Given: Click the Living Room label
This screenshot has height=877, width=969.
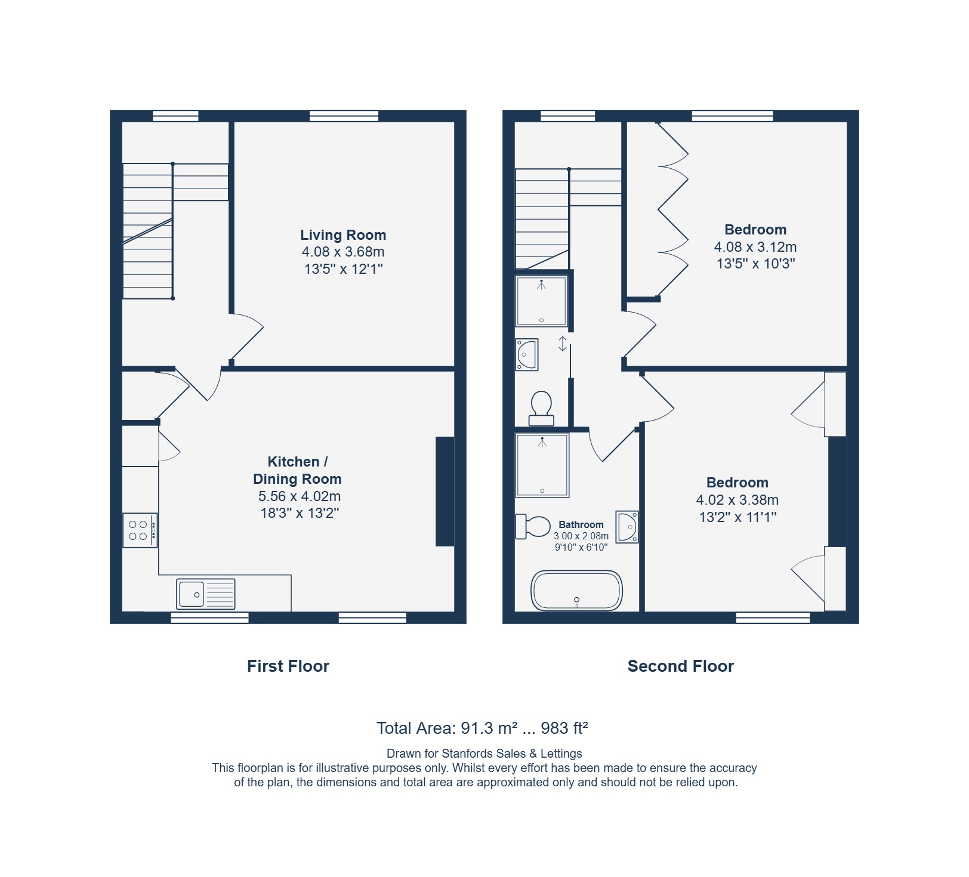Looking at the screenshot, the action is [343, 235].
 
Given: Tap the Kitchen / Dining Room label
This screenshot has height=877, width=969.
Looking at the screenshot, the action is [297, 470].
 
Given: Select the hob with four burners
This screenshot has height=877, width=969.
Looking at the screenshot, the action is [140, 530].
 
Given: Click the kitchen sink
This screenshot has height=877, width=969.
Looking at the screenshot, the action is [206, 594].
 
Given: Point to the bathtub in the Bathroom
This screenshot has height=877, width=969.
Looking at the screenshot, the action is [576, 591].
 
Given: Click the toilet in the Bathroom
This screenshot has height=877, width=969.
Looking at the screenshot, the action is [533, 526].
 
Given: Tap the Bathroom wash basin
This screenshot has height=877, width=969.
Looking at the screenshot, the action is [627, 527].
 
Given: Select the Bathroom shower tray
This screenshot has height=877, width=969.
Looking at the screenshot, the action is [542, 465].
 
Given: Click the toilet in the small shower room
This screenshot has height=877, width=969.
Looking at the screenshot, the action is [542, 408].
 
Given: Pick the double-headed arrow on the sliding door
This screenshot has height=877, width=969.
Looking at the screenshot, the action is [562, 344].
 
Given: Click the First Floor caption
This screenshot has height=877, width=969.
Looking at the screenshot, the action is [288, 666].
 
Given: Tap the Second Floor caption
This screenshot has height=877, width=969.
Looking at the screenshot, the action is [681, 666].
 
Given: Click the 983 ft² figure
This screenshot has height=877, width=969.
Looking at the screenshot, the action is [564, 728].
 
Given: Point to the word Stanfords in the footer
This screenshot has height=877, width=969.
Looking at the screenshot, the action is [467, 754].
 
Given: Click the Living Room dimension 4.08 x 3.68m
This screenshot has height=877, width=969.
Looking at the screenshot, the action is [343, 252].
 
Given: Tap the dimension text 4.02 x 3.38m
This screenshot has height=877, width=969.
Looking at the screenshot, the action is [737, 500].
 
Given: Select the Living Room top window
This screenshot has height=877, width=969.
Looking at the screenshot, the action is [344, 116].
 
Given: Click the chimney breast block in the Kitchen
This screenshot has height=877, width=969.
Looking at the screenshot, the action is [445, 492].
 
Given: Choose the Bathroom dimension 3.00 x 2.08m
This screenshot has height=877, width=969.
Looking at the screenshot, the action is [581, 536].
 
